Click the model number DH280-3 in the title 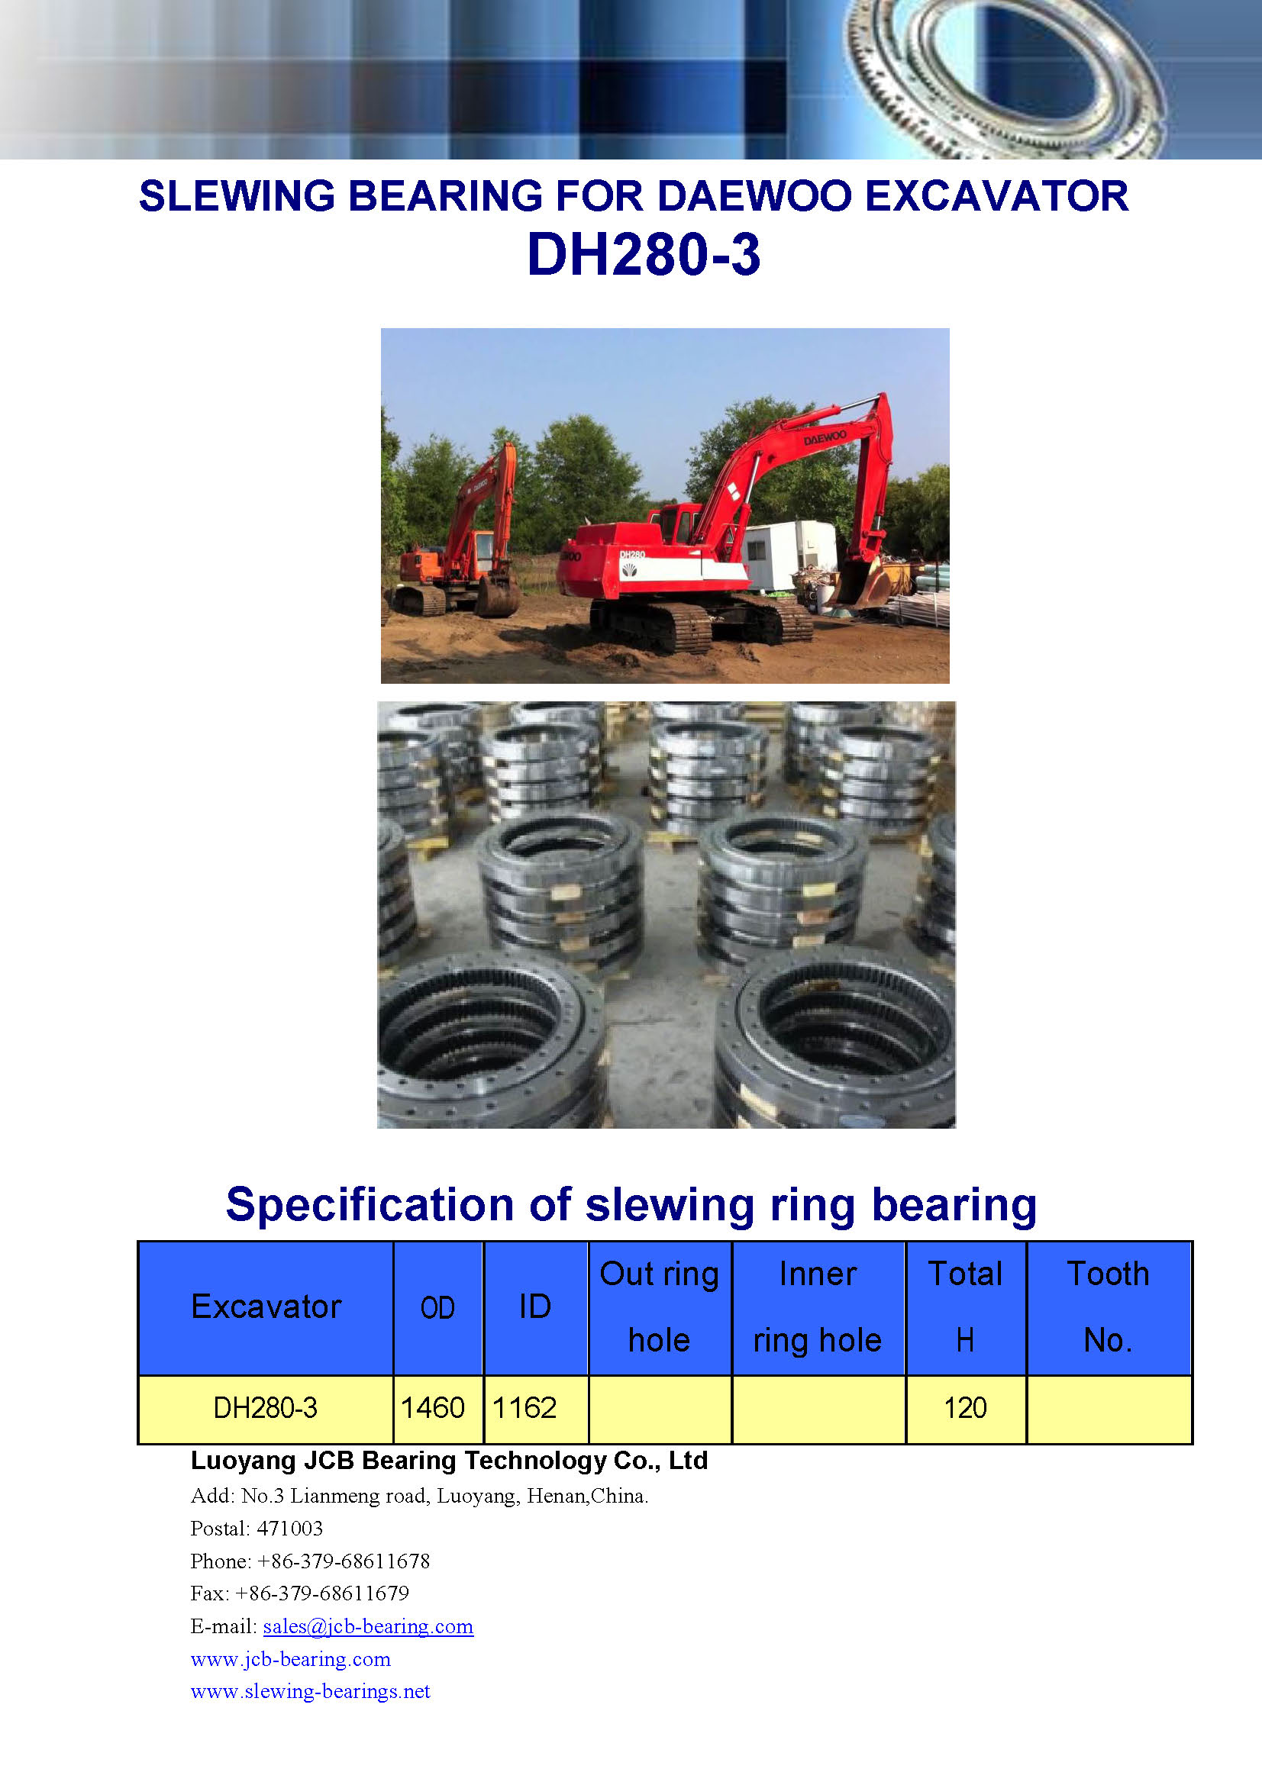pos(643,255)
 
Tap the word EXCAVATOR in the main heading pos(996,196)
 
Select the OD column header pos(437,1309)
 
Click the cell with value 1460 pos(432,1408)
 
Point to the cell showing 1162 pos(524,1408)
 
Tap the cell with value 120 pos(965,1408)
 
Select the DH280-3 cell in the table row pos(265,1408)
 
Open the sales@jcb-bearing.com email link pos(368,1626)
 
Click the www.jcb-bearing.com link pos(291,1659)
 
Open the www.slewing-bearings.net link pos(310,1691)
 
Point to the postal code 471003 pos(289,1529)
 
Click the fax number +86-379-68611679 pos(322,1593)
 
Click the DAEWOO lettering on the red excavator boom pos(825,437)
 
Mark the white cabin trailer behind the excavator pos(789,553)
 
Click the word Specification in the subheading pos(371,1206)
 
